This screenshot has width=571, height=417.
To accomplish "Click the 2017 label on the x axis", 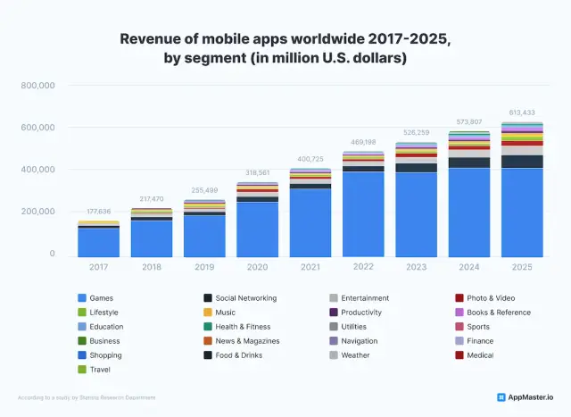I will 99,266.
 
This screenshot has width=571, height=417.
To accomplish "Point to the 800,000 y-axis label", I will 38,86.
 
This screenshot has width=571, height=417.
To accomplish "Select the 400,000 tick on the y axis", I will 38,170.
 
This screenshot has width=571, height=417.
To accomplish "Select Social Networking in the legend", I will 245,298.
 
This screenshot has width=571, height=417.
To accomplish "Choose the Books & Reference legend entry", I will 499,313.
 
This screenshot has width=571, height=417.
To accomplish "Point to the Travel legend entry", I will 100,370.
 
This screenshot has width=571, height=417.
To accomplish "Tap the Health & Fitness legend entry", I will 243,327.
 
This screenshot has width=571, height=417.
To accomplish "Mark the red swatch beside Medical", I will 459,355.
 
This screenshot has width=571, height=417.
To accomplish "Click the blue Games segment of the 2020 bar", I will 256,229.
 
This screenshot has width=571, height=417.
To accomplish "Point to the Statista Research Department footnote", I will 87,397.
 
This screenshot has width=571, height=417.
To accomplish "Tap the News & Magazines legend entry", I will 248,341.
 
